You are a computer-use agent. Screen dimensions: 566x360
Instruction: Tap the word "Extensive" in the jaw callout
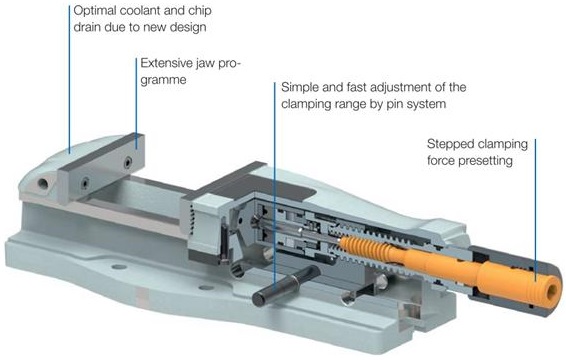click(x=167, y=63)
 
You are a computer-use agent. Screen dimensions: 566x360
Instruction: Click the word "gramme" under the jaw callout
click(x=164, y=80)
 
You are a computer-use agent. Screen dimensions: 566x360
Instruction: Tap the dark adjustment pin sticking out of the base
click(x=286, y=284)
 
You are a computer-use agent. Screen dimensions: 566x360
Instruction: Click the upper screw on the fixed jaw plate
click(x=128, y=162)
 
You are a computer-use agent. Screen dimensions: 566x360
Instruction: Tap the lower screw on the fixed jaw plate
click(x=85, y=183)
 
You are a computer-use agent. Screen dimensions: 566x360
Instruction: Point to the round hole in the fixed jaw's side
click(x=43, y=184)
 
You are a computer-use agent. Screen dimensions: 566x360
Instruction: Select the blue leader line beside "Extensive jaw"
click(x=136, y=103)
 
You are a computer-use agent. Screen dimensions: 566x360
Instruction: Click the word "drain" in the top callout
click(x=88, y=27)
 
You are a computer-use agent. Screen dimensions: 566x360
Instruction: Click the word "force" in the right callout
click(x=441, y=161)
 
